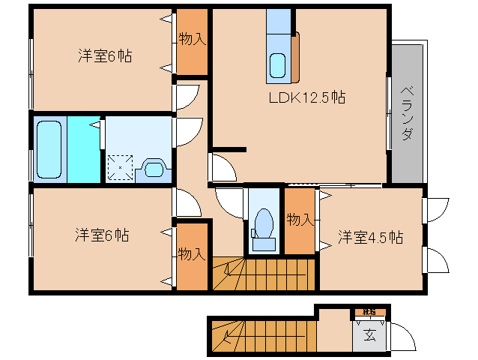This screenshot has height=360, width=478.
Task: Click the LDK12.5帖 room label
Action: [307, 97]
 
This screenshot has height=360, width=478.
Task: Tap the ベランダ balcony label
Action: [407, 112]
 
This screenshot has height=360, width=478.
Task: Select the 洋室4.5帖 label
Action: [370, 238]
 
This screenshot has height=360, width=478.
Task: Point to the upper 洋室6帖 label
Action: [105, 55]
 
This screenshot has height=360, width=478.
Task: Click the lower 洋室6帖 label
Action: [101, 235]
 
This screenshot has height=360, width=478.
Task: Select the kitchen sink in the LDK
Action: [278, 66]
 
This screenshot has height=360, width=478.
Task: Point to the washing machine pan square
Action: [120, 167]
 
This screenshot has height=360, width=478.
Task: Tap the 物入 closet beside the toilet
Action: [300, 220]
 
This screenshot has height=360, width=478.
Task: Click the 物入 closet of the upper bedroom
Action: [192, 40]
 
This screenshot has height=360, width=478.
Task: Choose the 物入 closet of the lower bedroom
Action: [192, 255]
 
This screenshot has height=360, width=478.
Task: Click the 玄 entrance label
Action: [370, 335]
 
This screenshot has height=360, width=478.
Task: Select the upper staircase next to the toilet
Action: [262, 274]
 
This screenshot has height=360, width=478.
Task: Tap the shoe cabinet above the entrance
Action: [369, 310]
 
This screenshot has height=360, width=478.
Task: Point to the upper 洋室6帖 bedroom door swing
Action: [187, 97]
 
